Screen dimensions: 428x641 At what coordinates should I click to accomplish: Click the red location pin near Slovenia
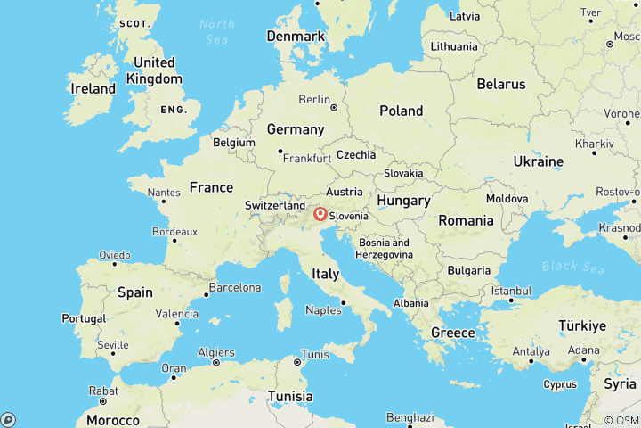click(320, 214)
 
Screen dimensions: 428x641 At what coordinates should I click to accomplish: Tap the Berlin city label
click(314, 99)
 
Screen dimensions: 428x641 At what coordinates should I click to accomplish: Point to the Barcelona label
click(234, 288)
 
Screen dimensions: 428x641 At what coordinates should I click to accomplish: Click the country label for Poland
click(401, 111)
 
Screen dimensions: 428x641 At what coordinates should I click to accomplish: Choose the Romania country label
click(465, 220)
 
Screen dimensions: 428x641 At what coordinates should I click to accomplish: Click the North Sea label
click(217, 30)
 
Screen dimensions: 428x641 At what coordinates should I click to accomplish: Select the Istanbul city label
click(511, 291)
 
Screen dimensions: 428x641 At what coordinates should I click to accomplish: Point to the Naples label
click(323, 310)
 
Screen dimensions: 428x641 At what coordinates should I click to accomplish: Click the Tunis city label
click(314, 354)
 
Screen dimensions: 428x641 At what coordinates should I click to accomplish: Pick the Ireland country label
click(93, 89)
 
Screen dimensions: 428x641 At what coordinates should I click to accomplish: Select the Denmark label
click(295, 37)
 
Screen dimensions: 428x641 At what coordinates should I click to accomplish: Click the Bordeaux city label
click(150, 231)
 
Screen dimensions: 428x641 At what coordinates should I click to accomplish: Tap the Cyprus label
click(559, 384)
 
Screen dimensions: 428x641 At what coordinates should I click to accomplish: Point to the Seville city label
click(113, 344)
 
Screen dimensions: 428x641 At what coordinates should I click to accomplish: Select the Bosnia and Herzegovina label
click(385, 248)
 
